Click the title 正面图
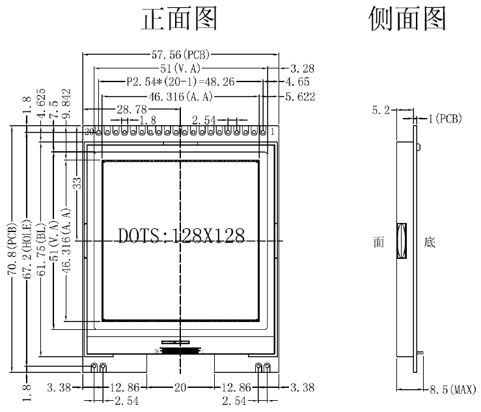(180, 19)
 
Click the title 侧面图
(407, 19)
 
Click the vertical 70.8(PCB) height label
(12, 250)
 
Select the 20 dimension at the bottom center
(180, 388)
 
